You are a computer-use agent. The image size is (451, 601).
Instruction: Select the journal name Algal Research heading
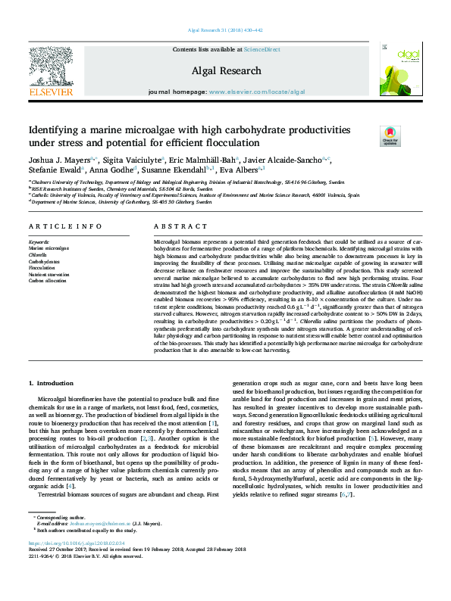(225, 69)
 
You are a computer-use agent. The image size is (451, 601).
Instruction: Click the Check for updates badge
(390, 135)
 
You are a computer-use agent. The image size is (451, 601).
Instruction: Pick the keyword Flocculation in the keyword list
(42, 268)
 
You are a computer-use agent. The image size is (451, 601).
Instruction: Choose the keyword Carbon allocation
(46, 280)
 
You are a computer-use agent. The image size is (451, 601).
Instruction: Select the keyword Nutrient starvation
(49, 274)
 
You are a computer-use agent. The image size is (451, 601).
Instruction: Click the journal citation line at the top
(225, 30)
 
